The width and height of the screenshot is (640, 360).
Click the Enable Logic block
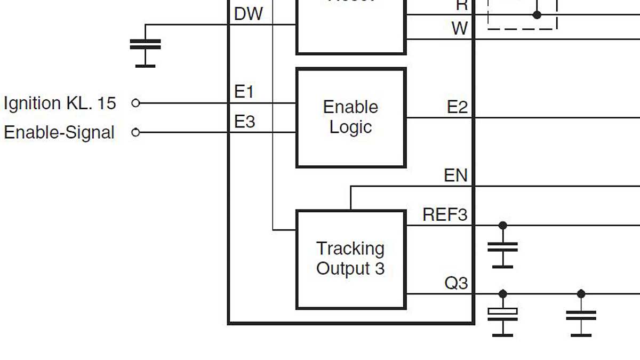[x=351, y=117]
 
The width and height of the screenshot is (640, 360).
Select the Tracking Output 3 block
[x=351, y=259]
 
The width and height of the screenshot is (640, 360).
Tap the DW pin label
[x=249, y=14]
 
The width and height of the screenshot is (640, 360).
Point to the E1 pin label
[x=244, y=92]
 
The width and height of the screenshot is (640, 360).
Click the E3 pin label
[x=245, y=122]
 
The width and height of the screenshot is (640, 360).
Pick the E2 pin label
[x=457, y=107]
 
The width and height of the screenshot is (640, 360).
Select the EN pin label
[x=455, y=175]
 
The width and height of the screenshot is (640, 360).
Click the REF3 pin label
[x=445, y=215]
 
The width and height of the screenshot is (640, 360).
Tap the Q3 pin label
[x=456, y=283]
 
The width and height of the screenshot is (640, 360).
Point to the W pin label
[x=459, y=28]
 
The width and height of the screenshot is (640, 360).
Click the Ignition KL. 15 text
[x=60, y=103]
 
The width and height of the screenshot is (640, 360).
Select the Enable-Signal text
[x=59, y=132]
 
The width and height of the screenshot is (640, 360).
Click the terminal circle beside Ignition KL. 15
[x=135, y=103]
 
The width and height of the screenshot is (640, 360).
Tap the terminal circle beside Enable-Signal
[x=135, y=132]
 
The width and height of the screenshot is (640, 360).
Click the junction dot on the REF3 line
[x=502, y=225]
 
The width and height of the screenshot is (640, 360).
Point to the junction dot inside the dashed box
[x=537, y=15]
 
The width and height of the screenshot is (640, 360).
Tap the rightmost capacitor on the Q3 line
[x=581, y=315]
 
